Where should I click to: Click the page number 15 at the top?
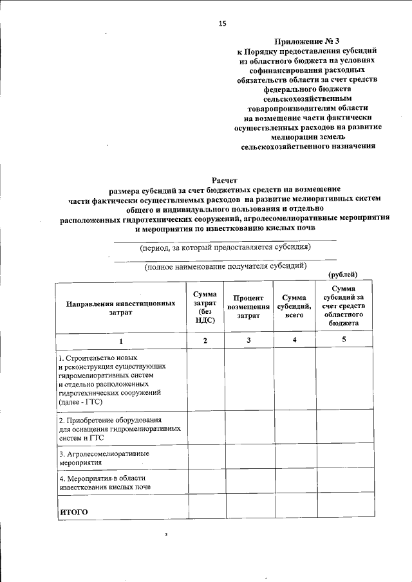point(223,24)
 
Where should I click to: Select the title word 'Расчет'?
point(225,181)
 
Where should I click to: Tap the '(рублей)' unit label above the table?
point(342,275)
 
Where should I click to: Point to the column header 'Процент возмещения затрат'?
point(248,307)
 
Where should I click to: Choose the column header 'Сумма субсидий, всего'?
point(294,307)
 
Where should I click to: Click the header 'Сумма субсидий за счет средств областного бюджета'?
point(342,307)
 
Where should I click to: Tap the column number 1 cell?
point(120,340)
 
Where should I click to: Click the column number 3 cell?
point(248,340)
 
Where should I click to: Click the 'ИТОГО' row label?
point(73,512)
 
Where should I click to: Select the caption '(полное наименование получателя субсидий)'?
point(225,266)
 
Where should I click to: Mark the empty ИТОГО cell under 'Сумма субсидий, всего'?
point(294,507)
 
